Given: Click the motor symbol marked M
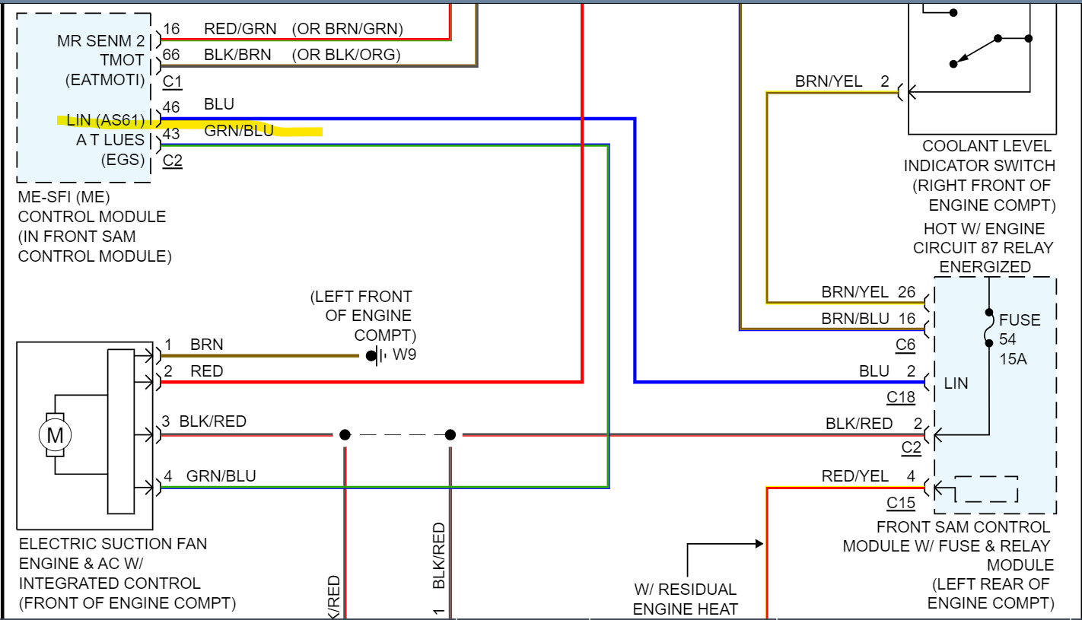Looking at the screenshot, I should point(55,435).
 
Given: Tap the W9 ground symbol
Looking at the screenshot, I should point(373,355).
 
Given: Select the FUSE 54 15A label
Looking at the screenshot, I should point(1019,339).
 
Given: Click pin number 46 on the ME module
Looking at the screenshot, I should point(171,107).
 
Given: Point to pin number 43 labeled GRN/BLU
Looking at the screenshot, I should point(171,134).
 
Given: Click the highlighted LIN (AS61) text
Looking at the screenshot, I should point(106,119).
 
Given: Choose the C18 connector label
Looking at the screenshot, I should point(900,396).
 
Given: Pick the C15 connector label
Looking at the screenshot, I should point(900,503).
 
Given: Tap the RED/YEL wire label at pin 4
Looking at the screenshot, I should point(854,476).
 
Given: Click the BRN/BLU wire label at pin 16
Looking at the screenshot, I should point(855,319).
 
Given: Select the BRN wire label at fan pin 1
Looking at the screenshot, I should point(207,345).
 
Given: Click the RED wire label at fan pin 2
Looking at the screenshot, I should point(207,371).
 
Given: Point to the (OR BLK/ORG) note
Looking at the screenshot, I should point(346,55).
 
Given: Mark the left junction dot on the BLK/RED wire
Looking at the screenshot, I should point(345,434).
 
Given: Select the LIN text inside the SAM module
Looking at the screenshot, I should point(956,383).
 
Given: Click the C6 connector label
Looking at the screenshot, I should point(905,345).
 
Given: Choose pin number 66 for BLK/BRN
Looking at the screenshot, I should point(171,55).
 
